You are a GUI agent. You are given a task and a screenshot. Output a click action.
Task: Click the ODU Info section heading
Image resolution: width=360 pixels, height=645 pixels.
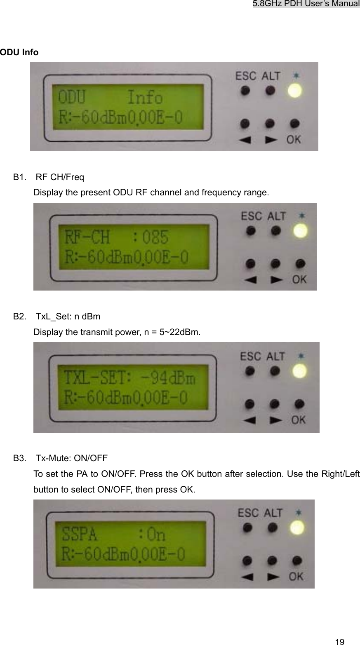coord(19,52)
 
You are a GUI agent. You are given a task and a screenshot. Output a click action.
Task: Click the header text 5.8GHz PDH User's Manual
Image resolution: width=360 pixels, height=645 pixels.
coord(306,4)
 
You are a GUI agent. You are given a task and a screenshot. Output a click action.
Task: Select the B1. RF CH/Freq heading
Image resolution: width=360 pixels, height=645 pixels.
coord(49,178)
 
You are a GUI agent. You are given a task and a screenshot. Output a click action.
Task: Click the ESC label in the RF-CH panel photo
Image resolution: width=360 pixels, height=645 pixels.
coord(251,216)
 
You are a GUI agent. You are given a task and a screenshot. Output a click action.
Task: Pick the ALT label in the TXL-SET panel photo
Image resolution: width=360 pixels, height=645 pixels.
coord(276,355)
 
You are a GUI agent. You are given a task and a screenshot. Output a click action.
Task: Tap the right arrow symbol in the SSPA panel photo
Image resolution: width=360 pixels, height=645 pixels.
coord(272,576)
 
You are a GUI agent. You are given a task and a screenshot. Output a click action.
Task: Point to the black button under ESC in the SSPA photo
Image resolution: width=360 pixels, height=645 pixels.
coord(247,528)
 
